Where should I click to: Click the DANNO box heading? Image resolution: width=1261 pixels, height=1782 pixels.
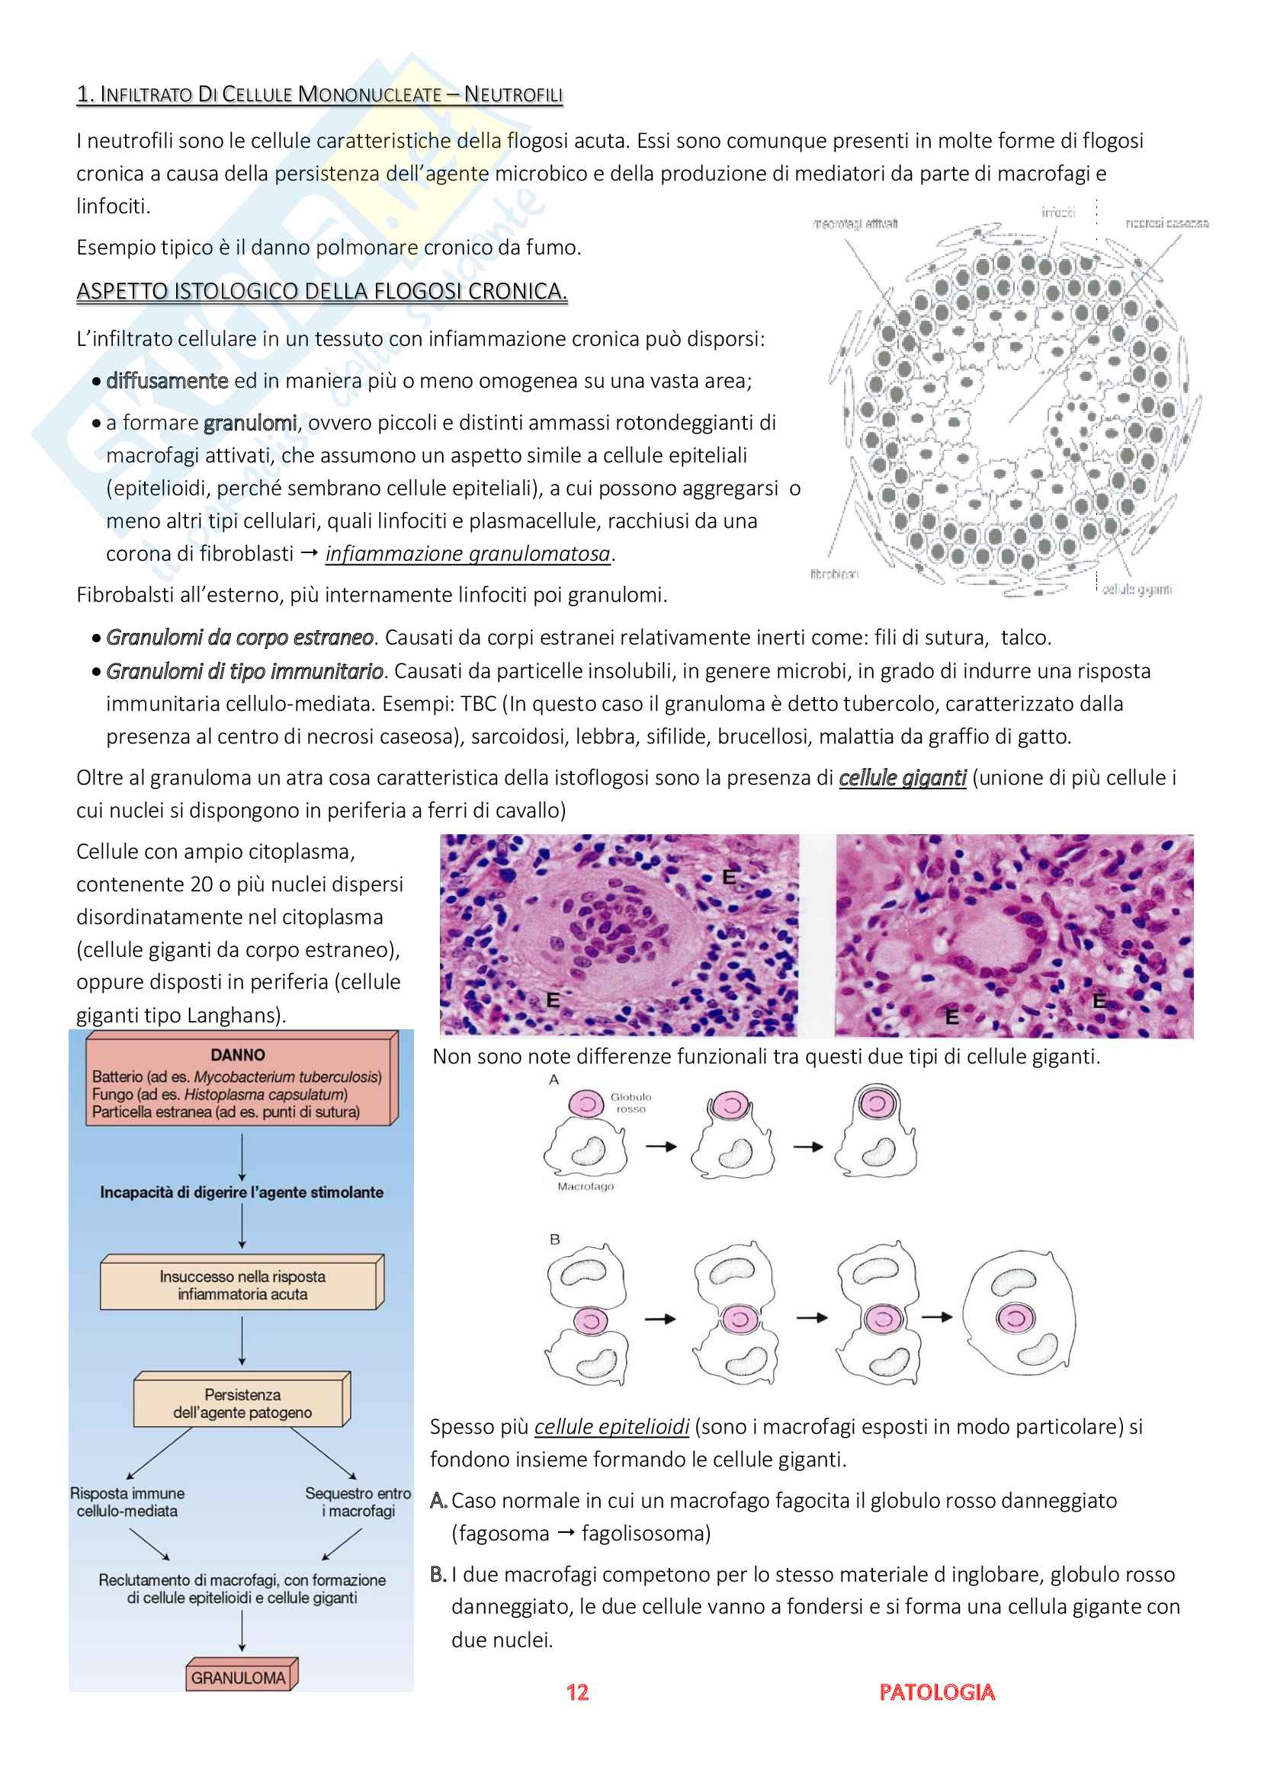pos(238,1054)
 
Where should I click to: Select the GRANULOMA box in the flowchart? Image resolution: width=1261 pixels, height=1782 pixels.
pos(239,1677)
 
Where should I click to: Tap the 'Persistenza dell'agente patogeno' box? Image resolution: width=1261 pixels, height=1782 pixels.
pos(242,1403)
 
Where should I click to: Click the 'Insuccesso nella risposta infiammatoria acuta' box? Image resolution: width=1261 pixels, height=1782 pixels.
pos(242,1285)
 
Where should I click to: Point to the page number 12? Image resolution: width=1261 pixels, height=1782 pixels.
pos(577,1692)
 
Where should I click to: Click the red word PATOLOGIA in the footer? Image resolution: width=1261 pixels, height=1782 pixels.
pos(936,1692)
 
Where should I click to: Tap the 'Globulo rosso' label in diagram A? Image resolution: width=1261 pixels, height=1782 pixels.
pos(630,1102)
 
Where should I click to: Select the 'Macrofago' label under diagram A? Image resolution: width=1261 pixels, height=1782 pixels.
pos(586,1186)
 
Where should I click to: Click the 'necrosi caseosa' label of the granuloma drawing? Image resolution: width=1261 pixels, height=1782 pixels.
pos(1166,223)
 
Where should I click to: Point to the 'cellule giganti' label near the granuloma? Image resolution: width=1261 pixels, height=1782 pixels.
pos(1137,589)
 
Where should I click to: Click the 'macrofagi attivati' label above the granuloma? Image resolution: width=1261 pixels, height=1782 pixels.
pos(855,223)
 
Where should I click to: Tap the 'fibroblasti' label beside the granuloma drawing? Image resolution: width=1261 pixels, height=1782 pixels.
pos(834,574)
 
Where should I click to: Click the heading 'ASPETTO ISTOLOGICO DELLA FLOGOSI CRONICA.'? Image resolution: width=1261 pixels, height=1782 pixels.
pos(322,291)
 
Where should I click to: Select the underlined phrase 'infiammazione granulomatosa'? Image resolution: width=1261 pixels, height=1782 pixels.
pos(467,553)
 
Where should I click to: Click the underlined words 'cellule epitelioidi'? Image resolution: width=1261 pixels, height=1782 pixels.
pos(612,1426)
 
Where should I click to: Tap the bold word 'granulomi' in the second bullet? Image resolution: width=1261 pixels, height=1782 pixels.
pos(249,422)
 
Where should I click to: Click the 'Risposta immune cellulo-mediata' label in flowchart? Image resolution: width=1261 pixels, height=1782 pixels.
pos(127,1502)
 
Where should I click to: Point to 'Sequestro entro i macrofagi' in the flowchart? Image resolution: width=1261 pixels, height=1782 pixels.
pos(358,1502)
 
